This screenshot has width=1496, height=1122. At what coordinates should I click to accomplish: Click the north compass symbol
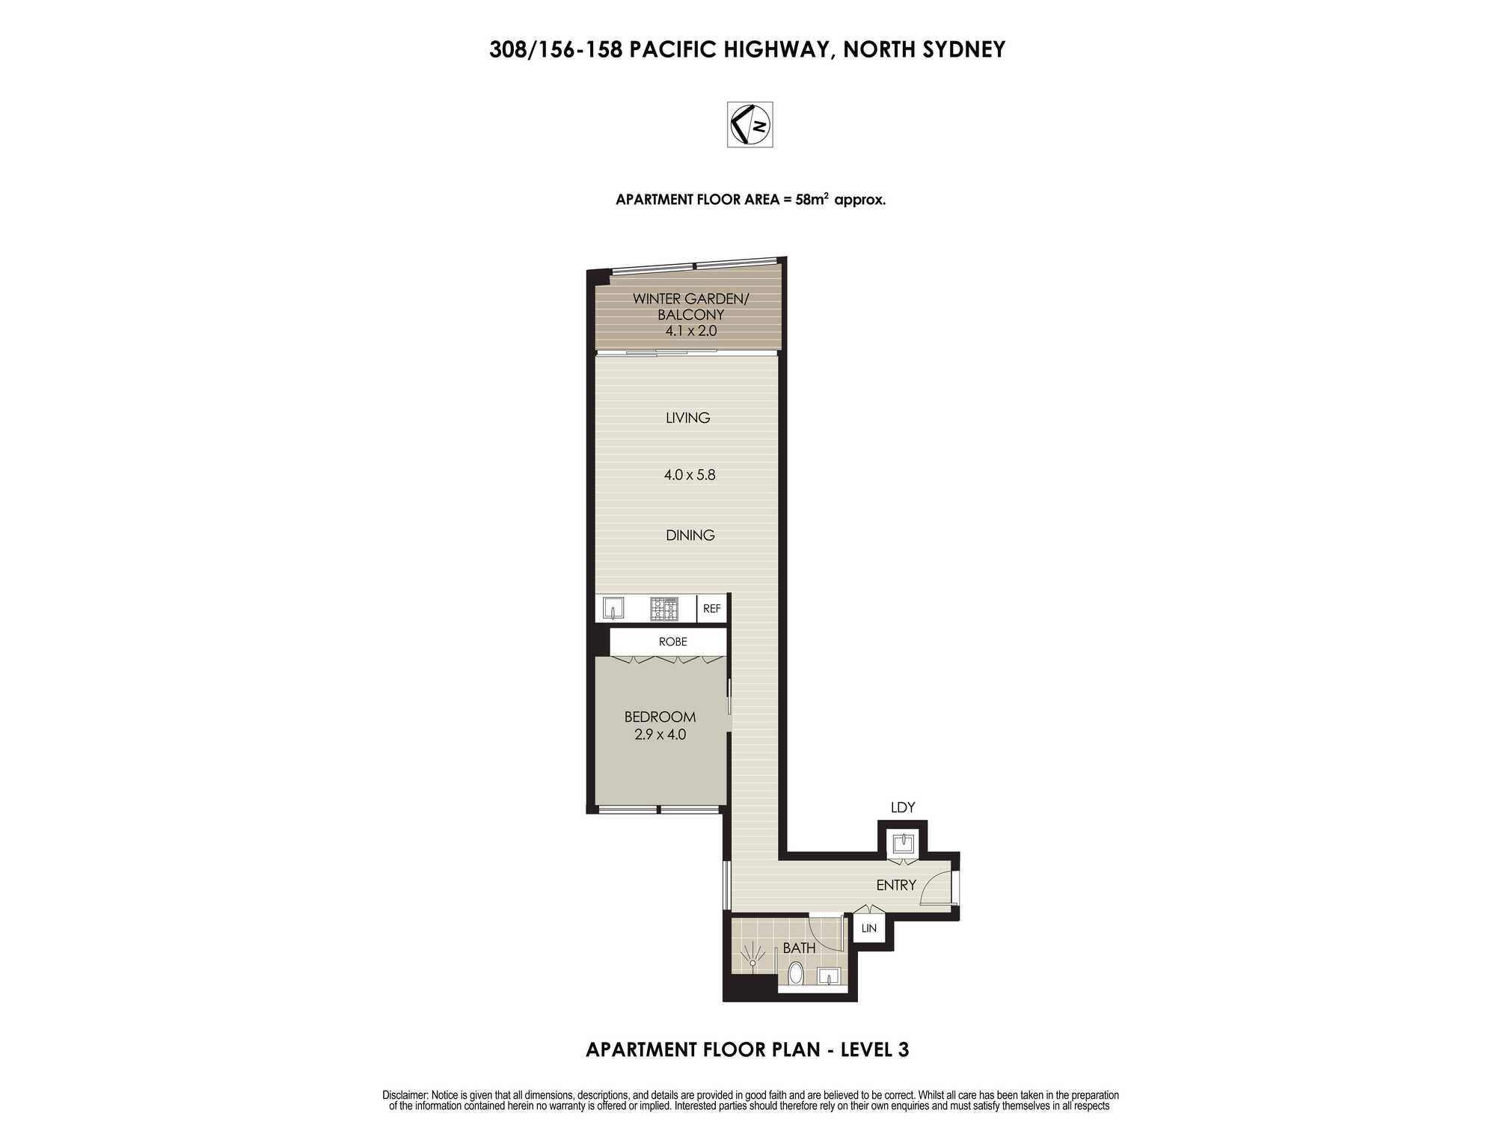coord(750,124)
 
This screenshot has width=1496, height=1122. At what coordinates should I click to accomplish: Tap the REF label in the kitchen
coord(711,609)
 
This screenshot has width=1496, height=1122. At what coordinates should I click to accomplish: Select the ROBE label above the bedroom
coord(672,642)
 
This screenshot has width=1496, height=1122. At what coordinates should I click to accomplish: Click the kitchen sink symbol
coord(613,608)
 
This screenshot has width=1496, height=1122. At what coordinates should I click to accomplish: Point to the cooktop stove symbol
coord(663,609)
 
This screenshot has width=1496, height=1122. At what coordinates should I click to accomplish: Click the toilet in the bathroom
coord(795,974)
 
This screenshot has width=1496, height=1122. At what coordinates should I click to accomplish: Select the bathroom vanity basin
coord(828,977)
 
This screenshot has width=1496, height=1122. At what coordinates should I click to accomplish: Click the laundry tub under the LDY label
coord(903,844)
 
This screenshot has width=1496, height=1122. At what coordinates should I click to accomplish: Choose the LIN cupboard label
coord(868,928)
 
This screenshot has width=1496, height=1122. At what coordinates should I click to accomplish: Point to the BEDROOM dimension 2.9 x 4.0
coord(660,735)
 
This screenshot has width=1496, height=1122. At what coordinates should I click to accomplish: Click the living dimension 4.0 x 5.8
coord(690,474)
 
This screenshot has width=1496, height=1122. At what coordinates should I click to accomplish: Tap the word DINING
coord(690,535)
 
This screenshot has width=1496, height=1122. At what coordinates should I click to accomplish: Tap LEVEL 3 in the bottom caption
coord(874,1049)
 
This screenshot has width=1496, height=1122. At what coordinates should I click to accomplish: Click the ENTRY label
coord(896,885)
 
